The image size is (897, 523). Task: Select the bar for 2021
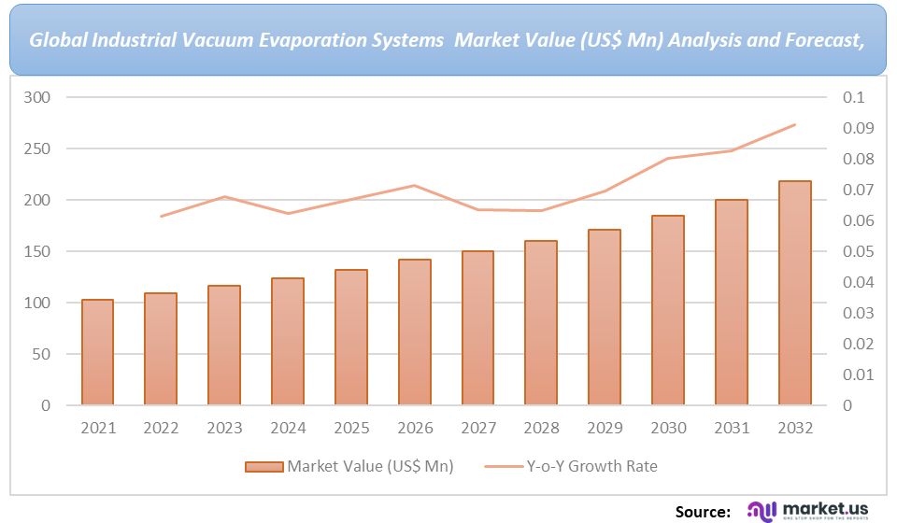tap(97, 352)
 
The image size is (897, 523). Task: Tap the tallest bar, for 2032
tap(795, 293)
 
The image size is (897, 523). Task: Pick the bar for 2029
tap(605, 318)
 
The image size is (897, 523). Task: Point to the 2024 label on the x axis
tap(288, 428)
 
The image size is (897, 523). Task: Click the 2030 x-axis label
tap(668, 428)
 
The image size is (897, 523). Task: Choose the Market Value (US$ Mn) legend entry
tap(349, 466)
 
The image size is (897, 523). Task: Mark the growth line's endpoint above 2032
tap(795, 124)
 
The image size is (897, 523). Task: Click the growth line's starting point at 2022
tap(161, 217)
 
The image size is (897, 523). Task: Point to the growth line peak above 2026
tap(414, 185)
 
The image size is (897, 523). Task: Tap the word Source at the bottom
tap(703, 511)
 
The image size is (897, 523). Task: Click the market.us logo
tap(808, 510)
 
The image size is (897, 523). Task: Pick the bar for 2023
tap(224, 346)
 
